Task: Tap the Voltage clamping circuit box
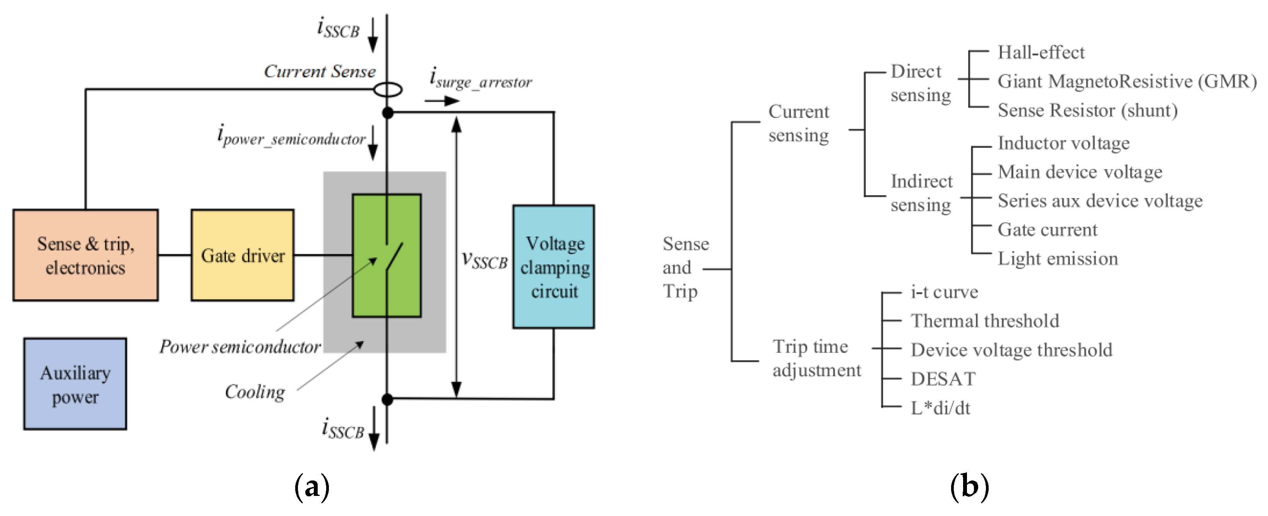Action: pos(554,267)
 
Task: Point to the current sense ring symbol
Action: pos(387,90)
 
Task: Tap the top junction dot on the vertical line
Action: pos(388,112)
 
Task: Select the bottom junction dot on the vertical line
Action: pos(387,399)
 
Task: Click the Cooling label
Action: pos(255,392)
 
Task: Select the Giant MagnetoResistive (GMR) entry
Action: pos(1127,81)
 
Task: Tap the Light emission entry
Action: pos(1058,259)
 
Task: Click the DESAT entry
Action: pos(943,379)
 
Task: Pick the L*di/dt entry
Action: pos(940,408)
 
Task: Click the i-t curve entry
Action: pos(944,292)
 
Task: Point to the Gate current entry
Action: pos(1047,230)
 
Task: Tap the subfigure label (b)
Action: pos(969,487)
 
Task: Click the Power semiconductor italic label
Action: pos(240,347)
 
